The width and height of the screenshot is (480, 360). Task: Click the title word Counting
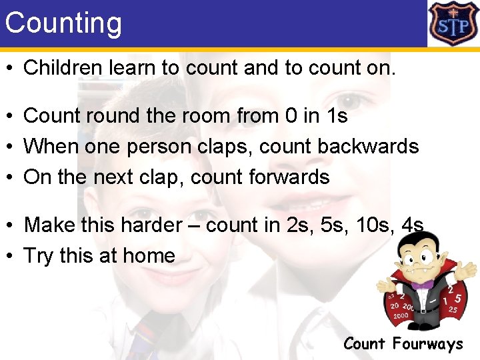tap(63, 23)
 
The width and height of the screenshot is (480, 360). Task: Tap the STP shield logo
tap(453, 23)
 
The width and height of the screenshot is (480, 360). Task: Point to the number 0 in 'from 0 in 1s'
tap(291, 115)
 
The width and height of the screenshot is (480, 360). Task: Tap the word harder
tap(147, 225)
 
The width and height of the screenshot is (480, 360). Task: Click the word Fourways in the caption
tap(427, 344)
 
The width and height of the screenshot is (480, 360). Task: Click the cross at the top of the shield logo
tap(453, 9)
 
